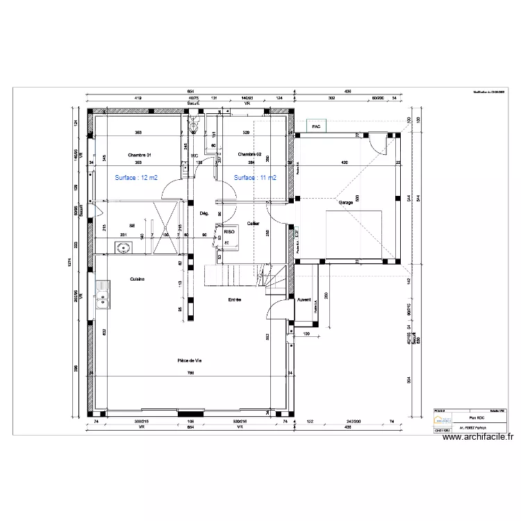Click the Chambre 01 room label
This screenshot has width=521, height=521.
(140, 154)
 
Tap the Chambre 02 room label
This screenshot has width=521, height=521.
(249, 154)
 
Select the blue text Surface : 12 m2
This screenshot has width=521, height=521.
(136, 178)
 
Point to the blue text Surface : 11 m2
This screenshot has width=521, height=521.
(255, 178)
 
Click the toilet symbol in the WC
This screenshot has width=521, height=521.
(195, 126)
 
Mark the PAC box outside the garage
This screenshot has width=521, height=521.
(316, 127)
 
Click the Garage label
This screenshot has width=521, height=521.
(345, 203)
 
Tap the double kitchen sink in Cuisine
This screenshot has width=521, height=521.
(104, 292)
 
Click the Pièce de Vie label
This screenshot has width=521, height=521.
(189, 360)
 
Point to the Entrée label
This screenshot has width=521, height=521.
(235, 299)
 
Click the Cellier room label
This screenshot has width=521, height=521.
(253, 224)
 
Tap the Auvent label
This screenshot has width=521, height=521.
(304, 300)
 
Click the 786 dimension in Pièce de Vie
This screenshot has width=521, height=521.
(189, 374)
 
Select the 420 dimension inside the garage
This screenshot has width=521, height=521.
(343, 163)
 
